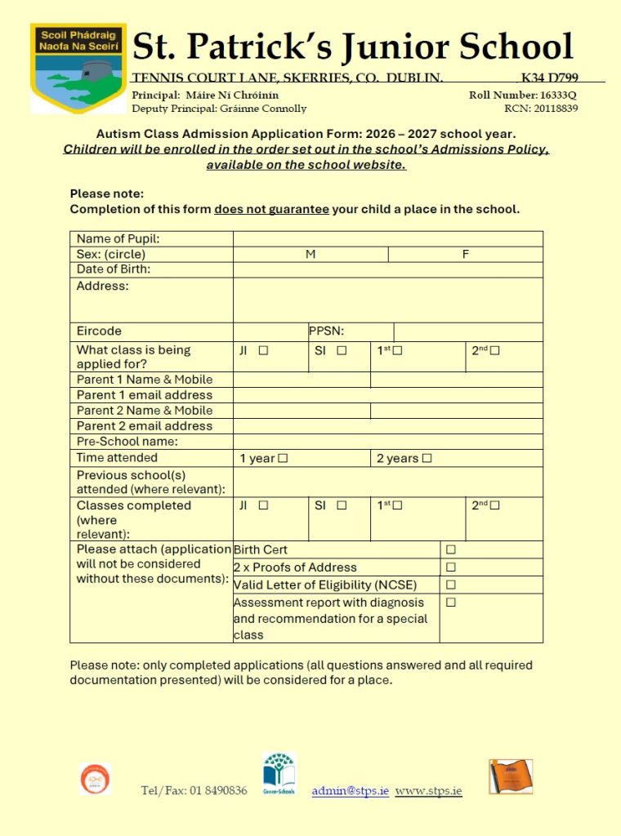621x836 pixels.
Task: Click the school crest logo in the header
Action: [78, 67]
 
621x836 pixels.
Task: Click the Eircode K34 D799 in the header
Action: [549, 78]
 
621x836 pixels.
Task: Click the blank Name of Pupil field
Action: [387, 239]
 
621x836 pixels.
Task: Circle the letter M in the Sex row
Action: [310, 255]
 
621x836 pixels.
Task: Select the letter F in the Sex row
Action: [466, 255]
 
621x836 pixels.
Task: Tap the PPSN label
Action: [326, 331]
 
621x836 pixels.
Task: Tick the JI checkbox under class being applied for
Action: [263, 351]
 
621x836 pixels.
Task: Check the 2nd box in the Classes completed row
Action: [495, 505]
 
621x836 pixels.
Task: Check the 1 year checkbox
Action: [283, 459]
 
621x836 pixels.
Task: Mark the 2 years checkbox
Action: [427, 459]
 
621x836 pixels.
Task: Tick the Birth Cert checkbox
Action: [450, 549]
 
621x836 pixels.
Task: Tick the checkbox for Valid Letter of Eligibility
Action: [450, 585]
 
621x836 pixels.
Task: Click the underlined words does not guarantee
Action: [271, 209]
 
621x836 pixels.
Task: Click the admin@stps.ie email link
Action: [350, 791]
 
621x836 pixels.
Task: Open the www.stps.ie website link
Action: [428, 791]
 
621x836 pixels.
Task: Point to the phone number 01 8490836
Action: [217, 791]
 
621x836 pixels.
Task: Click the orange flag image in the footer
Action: [510, 776]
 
